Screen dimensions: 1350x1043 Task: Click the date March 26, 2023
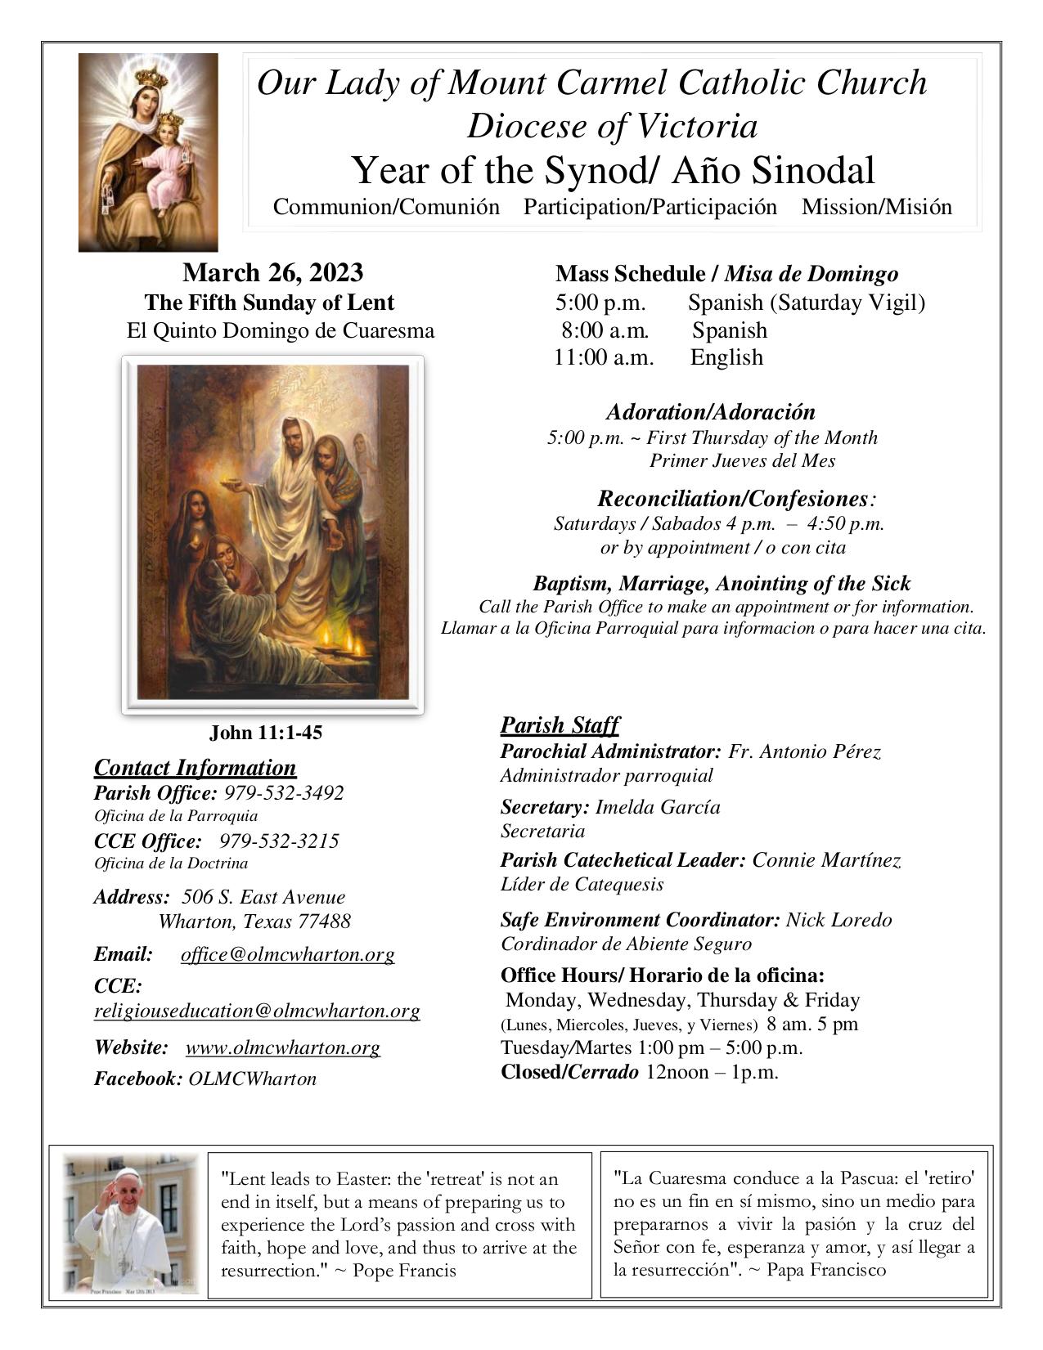(x=272, y=273)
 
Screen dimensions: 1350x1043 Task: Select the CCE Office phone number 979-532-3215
(x=279, y=841)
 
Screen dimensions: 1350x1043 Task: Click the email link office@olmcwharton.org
(x=287, y=954)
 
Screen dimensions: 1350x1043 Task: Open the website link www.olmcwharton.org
(x=282, y=1047)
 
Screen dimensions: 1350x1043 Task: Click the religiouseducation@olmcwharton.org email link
(x=257, y=1011)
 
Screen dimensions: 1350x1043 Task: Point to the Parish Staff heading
(x=560, y=725)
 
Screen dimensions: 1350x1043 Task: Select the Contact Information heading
(x=195, y=768)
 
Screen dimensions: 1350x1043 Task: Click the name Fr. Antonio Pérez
(x=804, y=751)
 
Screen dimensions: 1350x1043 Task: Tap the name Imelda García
(x=658, y=808)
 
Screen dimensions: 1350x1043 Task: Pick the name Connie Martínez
(x=826, y=860)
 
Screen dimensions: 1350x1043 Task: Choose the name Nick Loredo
(x=838, y=920)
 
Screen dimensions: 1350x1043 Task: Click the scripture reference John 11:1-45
(x=266, y=733)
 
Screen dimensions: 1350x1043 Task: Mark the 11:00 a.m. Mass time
(x=604, y=357)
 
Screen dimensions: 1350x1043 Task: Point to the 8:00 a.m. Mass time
(x=605, y=330)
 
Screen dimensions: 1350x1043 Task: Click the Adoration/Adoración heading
(x=710, y=411)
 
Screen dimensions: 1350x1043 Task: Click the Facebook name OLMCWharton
(x=252, y=1079)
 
